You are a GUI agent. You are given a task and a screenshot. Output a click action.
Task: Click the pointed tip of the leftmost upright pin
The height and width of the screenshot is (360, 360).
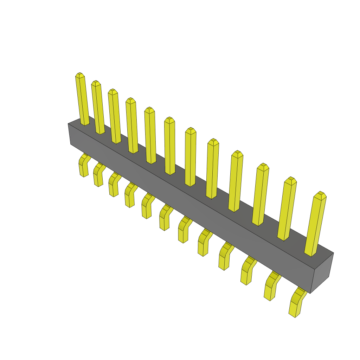pyautogui.click(x=80, y=75)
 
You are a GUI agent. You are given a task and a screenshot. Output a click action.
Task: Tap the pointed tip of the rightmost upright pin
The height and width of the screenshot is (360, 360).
pyautogui.click(x=320, y=194)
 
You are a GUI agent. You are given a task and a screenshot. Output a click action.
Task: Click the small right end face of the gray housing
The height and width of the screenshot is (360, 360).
pyautogui.click(x=322, y=272)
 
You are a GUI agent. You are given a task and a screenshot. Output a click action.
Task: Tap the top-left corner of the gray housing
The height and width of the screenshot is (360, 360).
pyautogui.click(x=69, y=124)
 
